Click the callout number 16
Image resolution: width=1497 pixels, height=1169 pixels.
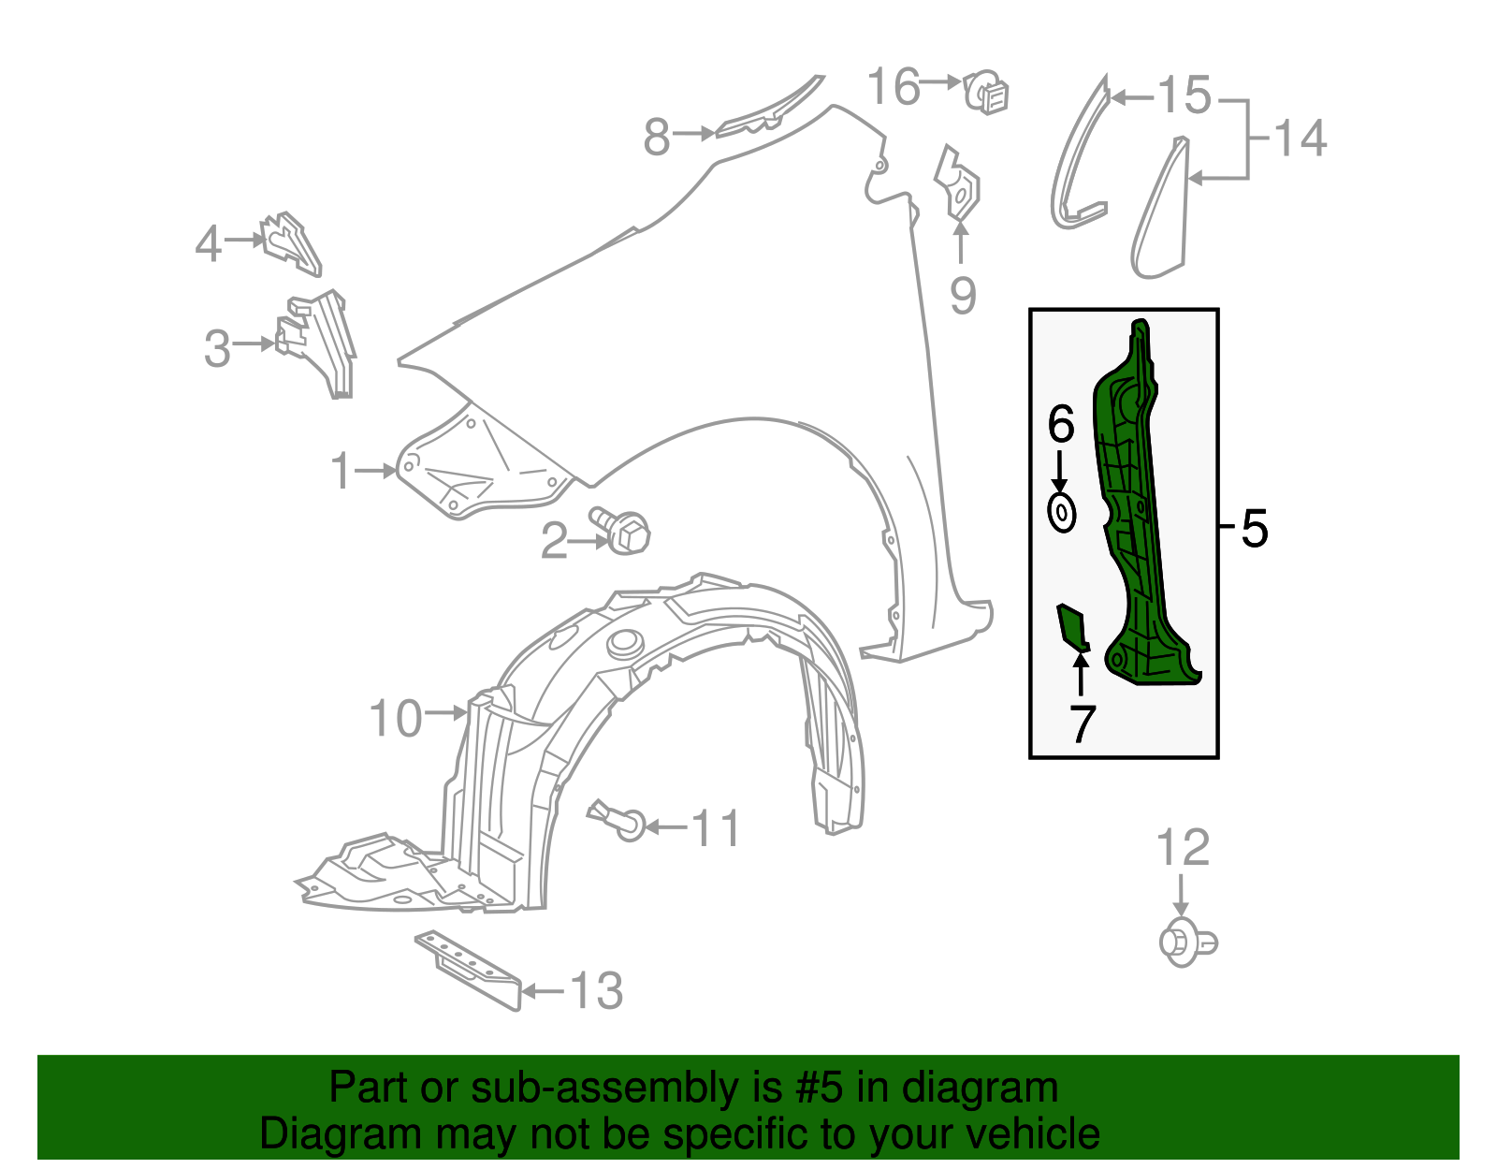[x=893, y=87]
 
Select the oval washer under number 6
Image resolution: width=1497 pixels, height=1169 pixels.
[x=1062, y=513]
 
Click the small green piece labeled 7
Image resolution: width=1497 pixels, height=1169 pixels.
[x=1072, y=627]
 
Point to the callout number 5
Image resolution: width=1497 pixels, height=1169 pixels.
[x=1254, y=529]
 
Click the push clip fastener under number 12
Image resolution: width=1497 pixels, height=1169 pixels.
[x=1187, y=943]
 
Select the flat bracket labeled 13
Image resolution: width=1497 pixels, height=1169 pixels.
[x=469, y=970]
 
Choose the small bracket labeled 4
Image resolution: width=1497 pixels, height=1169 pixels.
[x=291, y=244]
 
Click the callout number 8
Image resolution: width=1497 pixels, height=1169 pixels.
[x=656, y=137]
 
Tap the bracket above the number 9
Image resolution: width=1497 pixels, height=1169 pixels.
[x=958, y=184]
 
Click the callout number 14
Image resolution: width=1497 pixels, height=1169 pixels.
[x=1300, y=138]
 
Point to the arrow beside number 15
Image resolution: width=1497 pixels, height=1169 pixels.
[x=1132, y=98]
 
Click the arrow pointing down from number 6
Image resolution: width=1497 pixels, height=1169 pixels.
[x=1059, y=472]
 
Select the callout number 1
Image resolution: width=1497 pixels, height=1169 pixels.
[x=341, y=471]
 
